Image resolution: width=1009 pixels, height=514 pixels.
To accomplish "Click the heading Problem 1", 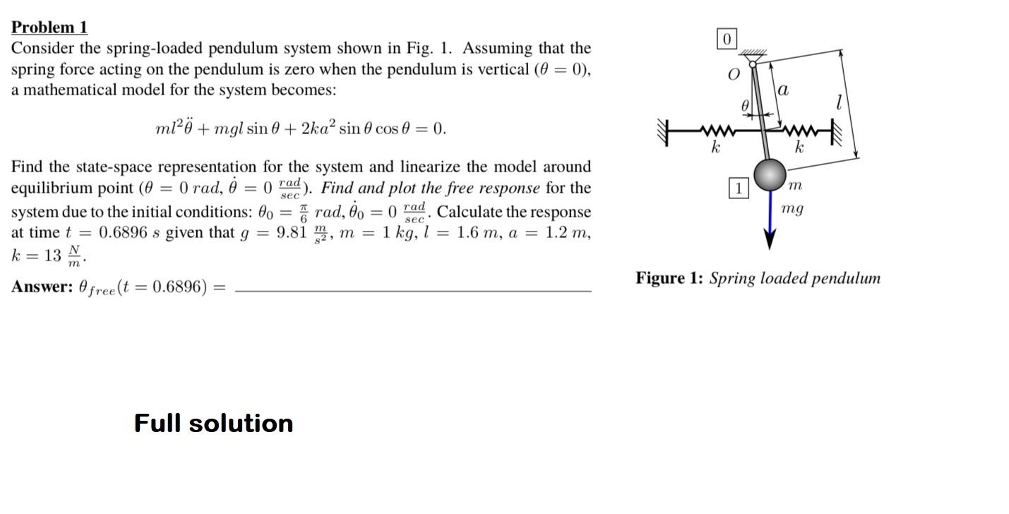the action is [49, 28].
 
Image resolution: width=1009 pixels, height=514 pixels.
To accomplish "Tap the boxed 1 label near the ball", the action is [738, 189].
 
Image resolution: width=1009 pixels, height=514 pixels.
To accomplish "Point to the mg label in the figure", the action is [792, 209].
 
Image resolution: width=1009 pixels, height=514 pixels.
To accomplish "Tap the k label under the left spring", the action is [715, 148].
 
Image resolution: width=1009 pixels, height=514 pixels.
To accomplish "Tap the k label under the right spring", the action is [799, 148].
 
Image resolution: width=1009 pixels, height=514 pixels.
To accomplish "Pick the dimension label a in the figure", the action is [783, 90].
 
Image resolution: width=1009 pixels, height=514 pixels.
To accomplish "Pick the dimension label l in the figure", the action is [838, 103].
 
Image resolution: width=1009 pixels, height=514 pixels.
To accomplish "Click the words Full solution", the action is [213, 423].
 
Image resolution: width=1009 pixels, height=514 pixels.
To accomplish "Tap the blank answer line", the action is [412, 289].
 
